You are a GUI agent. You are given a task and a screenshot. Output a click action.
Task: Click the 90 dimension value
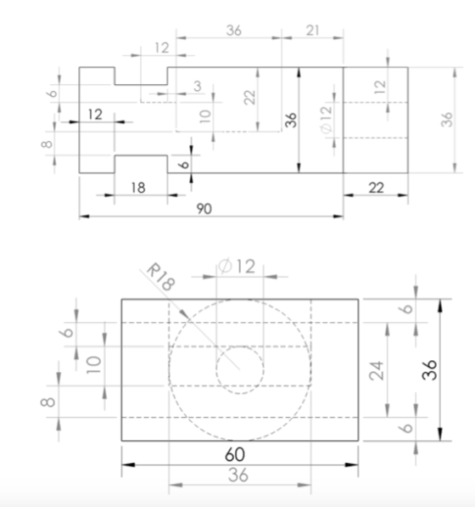coord(204,209)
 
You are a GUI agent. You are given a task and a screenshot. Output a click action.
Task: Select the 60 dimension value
coord(235,454)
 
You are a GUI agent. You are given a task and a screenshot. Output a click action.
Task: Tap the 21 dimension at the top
coord(313,31)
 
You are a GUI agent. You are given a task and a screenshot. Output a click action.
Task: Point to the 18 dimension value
coord(138,188)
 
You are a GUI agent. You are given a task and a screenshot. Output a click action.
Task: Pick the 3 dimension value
coord(198,86)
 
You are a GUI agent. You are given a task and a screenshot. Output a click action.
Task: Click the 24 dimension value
coord(377,370)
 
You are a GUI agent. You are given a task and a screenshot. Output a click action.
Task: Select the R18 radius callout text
coord(161,277)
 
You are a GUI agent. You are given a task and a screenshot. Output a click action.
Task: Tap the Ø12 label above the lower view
coord(237,267)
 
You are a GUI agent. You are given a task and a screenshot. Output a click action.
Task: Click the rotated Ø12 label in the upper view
coord(326,119)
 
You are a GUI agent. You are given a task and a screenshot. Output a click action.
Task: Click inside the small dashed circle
coord(239,370)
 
